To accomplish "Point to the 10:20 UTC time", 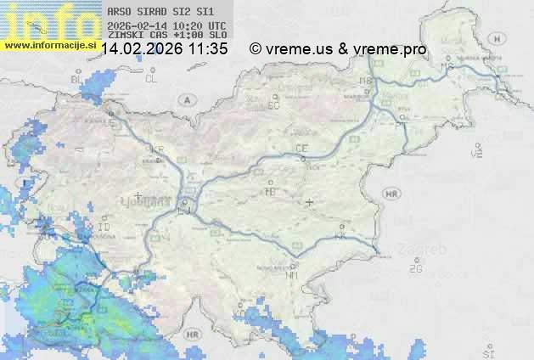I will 202,26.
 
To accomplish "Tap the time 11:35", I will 209,49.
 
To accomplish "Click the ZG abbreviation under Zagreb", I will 416,269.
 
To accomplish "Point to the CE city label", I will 301,149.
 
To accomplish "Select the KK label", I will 340,236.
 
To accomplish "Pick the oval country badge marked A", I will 185,99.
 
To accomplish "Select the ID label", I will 104,228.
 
